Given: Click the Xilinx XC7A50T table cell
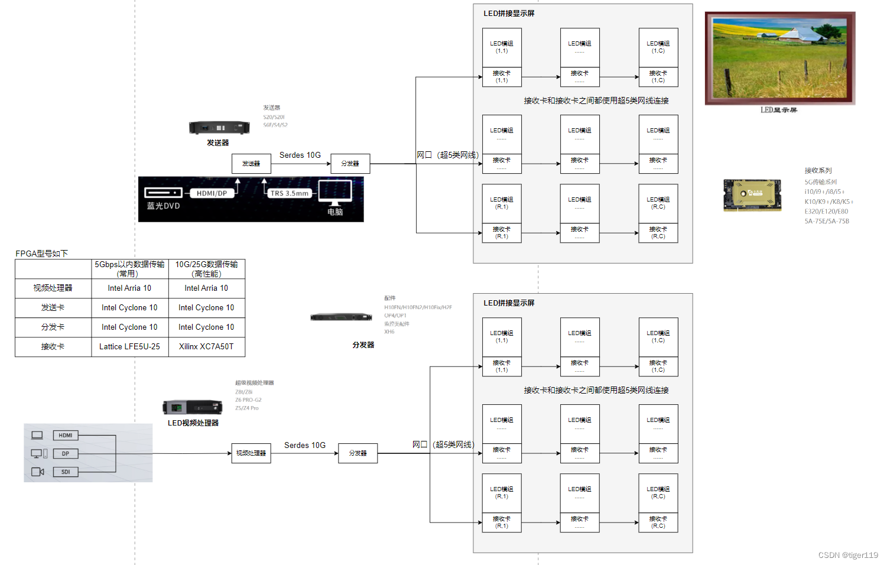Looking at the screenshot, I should (x=206, y=347).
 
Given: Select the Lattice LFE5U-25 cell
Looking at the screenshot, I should (x=129, y=347).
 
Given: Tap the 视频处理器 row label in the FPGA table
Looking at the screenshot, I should (x=53, y=288).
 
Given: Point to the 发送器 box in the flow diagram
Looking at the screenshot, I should (x=251, y=164).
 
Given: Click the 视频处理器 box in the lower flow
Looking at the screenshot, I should (x=251, y=453).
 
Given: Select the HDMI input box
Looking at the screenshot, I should (x=66, y=436).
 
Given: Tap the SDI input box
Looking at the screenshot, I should (x=66, y=472).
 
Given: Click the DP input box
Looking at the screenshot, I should (x=66, y=454).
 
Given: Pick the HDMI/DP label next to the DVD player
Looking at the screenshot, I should (x=212, y=193).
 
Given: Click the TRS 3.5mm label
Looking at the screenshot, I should (x=289, y=193).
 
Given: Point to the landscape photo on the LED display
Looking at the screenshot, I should (x=780, y=58).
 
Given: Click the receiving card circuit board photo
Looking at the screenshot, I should (x=752, y=195).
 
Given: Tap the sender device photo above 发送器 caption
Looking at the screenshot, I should (x=219, y=127).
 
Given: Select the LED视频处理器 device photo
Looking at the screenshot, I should (x=193, y=407).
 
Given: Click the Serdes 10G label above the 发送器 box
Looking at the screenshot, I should (x=300, y=155).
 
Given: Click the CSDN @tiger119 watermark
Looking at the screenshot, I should (x=848, y=556).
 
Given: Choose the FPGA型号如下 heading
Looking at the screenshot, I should (x=42, y=254).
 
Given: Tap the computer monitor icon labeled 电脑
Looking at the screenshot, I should (x=335, y=191).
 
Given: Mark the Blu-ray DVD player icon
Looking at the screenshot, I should (x=163, y=193).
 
